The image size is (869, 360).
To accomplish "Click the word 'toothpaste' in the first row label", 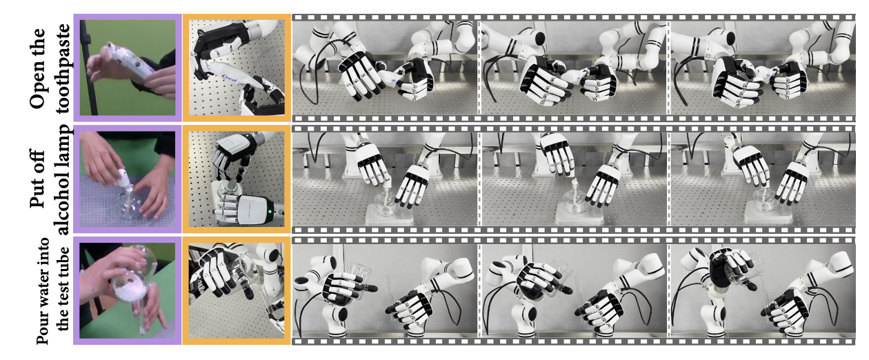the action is coord(63,69).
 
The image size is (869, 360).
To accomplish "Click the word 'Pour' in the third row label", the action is coord(42,329).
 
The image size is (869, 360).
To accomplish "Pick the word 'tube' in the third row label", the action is coord(62,260).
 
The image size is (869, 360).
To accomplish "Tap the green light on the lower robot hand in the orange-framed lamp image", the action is coord(269,212).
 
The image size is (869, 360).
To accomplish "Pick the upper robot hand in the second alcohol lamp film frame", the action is coord(558,155).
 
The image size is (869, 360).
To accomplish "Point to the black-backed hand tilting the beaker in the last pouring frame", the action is coord(730,270).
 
